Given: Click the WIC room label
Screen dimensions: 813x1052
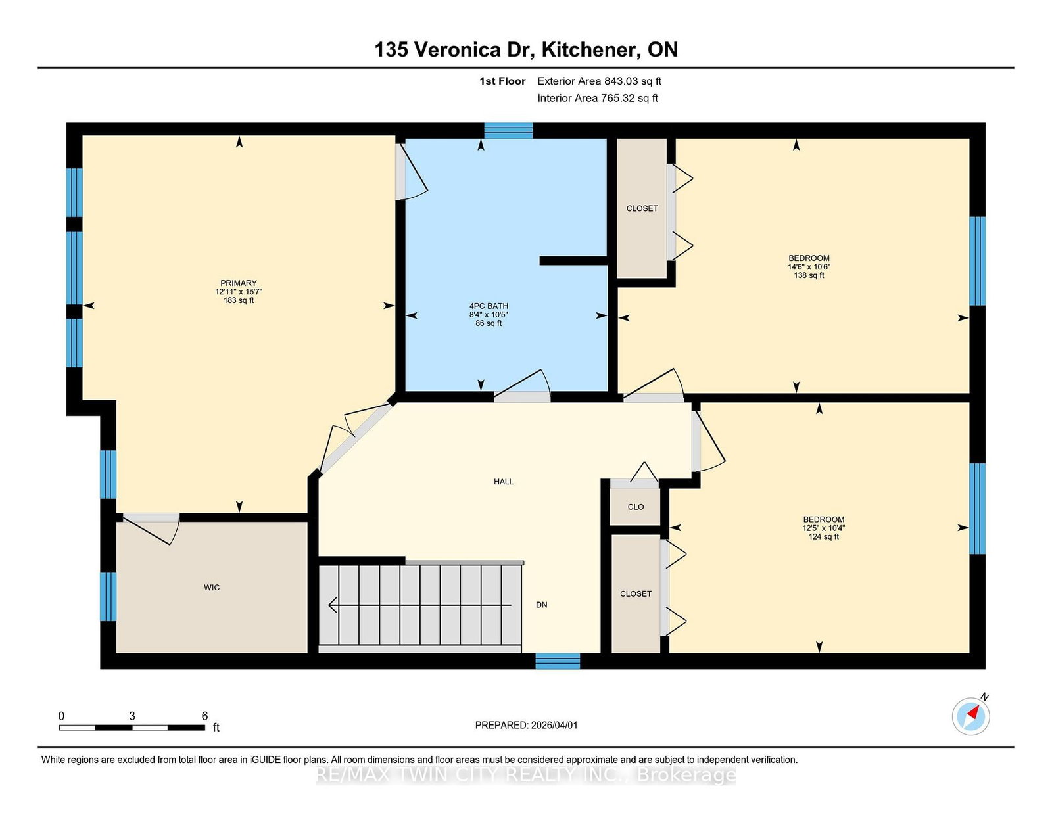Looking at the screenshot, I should pos(212,588).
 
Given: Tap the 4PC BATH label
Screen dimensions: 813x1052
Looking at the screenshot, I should pos(489,306).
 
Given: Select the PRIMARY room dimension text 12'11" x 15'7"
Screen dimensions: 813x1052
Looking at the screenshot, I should pos(239,292).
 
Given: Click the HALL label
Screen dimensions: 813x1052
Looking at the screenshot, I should pos(504,482).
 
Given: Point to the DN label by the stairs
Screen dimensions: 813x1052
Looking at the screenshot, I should pos(541,605).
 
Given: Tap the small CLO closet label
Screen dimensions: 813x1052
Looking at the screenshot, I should pos(636,507).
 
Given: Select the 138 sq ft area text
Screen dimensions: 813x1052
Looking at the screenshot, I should pos(809,275).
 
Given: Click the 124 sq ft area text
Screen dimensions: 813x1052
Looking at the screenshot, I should pos(823,537).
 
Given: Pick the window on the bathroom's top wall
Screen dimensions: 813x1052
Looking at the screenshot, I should pos(508,130).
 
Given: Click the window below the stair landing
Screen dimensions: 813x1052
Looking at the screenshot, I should pos(558,661).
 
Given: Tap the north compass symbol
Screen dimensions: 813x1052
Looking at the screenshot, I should pos(971,716).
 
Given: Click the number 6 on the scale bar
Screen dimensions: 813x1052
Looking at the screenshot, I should pos(204,716).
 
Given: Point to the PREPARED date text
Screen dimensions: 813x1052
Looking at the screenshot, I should pos(526,725).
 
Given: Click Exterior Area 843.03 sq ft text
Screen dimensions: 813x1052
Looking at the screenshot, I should pos(599,81).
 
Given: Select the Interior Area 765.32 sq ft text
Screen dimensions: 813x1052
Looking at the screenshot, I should pos(598,98).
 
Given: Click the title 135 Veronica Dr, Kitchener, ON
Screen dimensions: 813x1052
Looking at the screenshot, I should pos(526,49).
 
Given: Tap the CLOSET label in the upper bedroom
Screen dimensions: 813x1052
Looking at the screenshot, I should pos(642,208).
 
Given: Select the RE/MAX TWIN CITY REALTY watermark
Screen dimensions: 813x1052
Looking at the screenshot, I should pos(526,776).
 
